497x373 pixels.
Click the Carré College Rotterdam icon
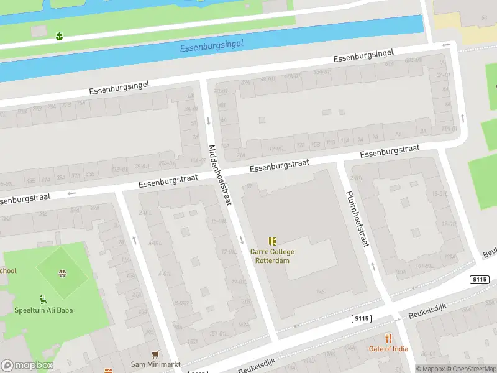tap(272, 241)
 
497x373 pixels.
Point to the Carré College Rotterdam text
tap(272, 256)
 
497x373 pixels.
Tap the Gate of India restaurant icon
tap(389, 338)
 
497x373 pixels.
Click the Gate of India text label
tap(388, 349)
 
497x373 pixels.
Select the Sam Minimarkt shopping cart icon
tap(155, 354)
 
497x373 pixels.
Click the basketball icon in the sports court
tap(62, 272)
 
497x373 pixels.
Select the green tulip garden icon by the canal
tap(59, 36)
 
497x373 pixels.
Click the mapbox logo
tap(27, 366)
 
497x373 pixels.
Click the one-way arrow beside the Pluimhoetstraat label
tap(373, 266)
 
